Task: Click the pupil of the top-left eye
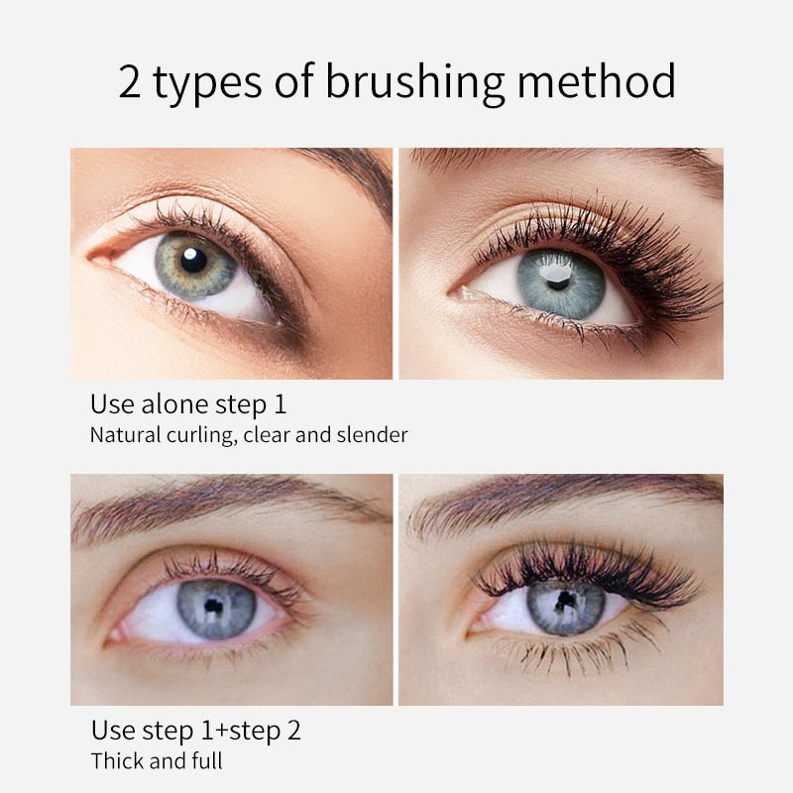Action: [194, 260]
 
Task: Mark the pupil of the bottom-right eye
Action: [566, 602]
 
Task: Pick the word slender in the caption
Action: [375, 434]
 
